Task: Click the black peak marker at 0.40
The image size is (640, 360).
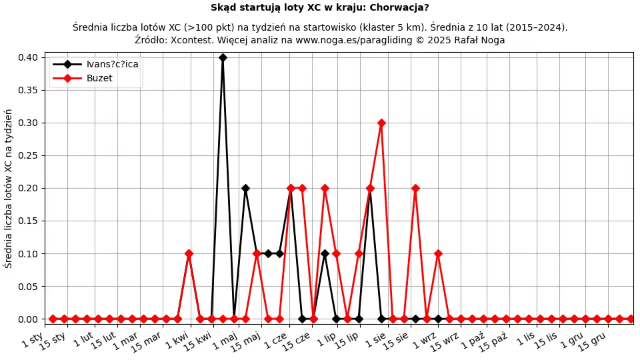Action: tap(223, 57)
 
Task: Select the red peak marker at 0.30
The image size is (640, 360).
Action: tap(381, 123)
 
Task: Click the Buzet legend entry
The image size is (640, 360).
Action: tap(99, 78)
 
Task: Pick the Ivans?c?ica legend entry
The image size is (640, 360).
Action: tap(113, 64)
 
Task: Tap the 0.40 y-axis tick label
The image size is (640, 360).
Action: tap(29, 57)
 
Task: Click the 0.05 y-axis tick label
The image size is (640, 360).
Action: tap(29, 287)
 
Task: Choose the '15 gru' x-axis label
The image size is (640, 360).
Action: tap(592, 341)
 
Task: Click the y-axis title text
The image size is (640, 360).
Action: tap(9, 188)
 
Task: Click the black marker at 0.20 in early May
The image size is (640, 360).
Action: tap(245, 188)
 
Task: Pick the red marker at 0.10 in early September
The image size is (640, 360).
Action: tap(438, 253)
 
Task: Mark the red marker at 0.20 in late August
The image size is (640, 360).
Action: tap(415, 188)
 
